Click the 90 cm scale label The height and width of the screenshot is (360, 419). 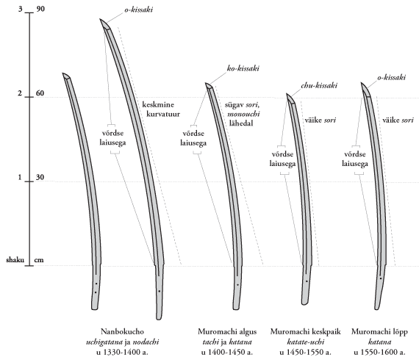pos(40,9)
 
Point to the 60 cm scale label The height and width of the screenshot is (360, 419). pos(40,93)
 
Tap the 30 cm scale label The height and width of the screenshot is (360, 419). pos(40,177)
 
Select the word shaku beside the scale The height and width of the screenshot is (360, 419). pos(15,260)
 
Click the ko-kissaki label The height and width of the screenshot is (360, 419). pos(243,68)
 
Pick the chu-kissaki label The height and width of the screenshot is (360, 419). pos(319,85)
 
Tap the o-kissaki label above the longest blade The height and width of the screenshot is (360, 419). pos(138,10)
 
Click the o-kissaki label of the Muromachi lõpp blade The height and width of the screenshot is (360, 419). pos(392,77)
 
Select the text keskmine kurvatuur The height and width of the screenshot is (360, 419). pos(161,109)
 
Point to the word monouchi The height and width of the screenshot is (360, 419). pos(243,114)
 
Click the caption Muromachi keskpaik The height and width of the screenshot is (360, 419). pos(306,332)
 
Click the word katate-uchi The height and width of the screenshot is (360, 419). pos(306,342)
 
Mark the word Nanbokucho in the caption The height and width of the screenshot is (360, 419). pos(122,332)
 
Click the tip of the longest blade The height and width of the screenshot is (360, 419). pos(100,19)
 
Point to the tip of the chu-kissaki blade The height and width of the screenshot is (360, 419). pos(287,94)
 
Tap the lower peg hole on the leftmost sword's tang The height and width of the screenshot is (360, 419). pos(96,292)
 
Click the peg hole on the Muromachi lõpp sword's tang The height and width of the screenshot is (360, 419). pos(381,278)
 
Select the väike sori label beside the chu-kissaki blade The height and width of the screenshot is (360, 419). pos(320,120)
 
